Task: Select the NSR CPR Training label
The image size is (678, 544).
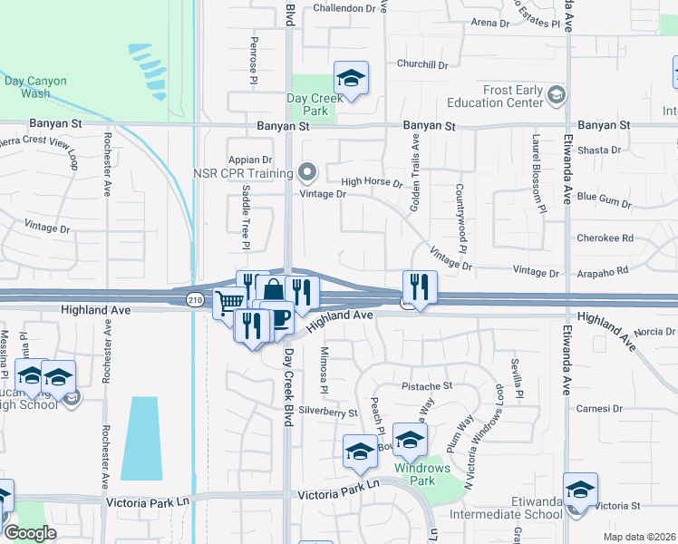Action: (x=242, y=172)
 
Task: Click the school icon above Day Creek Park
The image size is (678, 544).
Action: (x=351, y=79)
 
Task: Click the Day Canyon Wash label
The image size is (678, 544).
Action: (x=35, y=87)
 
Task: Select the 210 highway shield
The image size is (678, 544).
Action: (x=194, y=298)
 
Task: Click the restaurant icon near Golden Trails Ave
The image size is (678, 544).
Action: (x=420, y=287)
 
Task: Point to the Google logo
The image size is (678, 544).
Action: (x=31, y=533)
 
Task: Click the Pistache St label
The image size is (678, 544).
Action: (x=427, y=385)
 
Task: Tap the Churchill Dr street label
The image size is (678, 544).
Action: (x=422, y=64)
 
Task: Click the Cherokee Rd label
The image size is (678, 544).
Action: (x=605, y=239)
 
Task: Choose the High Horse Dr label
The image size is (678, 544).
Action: (x=372, y=182)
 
